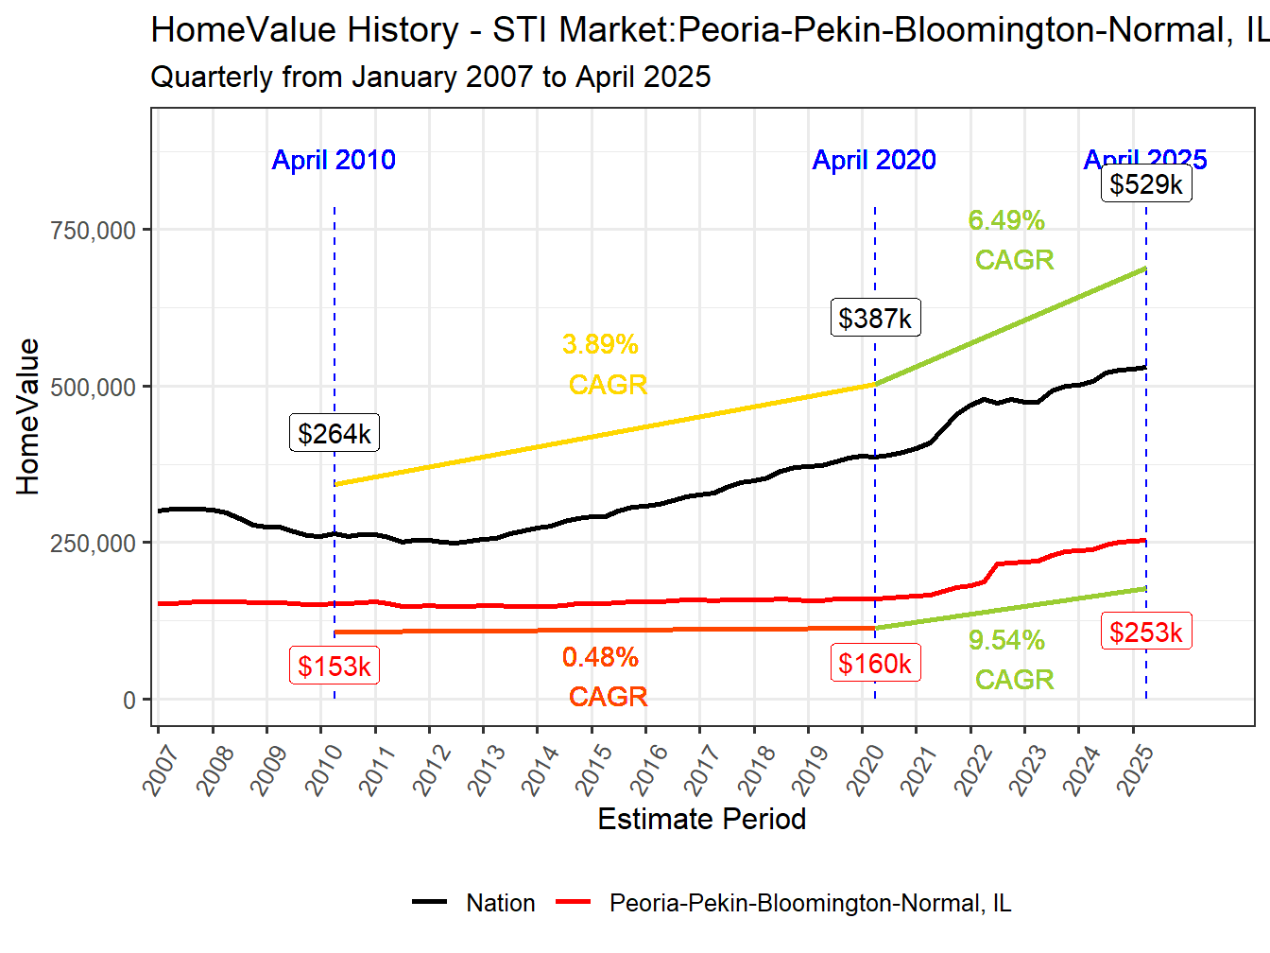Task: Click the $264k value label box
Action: point(334,433)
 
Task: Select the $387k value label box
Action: point(875,318)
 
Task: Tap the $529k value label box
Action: point(1145,183)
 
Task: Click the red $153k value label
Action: point(334,666)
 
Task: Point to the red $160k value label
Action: point(875,663)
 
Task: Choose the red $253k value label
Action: point(1145,632)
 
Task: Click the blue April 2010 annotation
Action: point(334,160)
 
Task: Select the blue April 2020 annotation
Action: point(874,160)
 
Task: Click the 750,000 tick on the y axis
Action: point(93,230)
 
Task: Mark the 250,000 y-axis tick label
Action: point(93,544)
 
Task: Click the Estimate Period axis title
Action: point(701,819)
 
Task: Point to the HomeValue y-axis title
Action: point(28,416)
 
